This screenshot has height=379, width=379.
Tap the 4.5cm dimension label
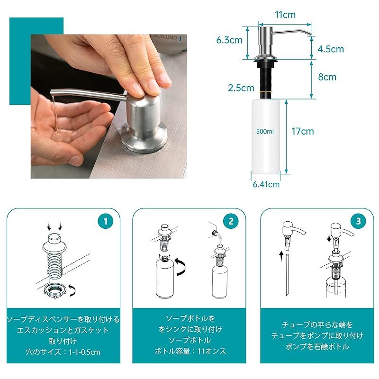(x=331, y=49)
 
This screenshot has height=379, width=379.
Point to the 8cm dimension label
(x=327, y=77)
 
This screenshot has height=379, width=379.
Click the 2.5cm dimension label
(x=241, y=88)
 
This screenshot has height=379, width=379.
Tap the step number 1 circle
(x=106, y=221)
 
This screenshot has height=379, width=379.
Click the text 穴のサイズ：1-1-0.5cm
(x=63, y=352)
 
